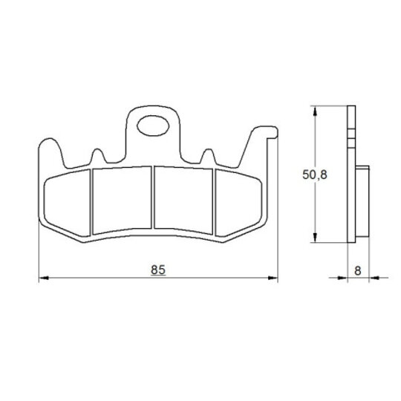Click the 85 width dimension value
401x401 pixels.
point(158,270)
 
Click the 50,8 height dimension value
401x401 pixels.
point(315,175)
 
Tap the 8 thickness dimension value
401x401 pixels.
point(358,270)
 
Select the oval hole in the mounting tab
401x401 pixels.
point(153,125)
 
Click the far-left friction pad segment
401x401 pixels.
point(68,203)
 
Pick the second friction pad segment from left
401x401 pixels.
point(122,200)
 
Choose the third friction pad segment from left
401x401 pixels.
point(183,200)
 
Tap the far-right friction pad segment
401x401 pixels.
point(238,203)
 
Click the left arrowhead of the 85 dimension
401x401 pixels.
point(44,278)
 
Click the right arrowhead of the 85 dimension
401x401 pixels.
point(273,278)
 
